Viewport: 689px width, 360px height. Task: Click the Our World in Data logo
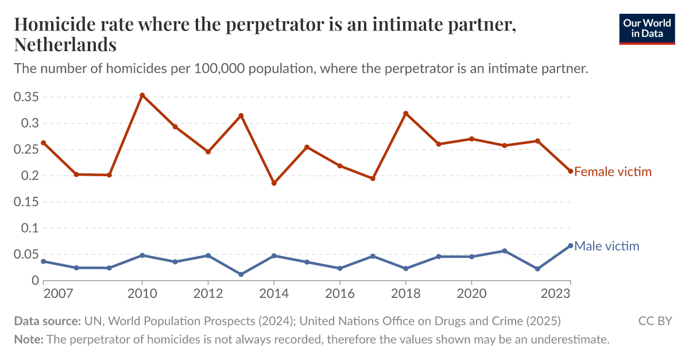[647, 28]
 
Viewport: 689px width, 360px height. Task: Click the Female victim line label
[613, 172]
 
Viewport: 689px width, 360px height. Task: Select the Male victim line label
[606, 246]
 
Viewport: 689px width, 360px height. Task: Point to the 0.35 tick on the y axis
[26, 97]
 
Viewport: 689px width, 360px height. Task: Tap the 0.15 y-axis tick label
[26, 202]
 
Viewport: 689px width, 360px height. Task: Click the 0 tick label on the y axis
[35, 281]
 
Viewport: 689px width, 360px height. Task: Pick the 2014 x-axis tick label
[274, 293]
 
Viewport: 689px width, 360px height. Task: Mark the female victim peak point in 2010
[142, 95]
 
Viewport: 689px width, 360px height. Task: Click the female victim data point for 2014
[274, 183]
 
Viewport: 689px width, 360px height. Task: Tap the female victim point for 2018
[406, 114]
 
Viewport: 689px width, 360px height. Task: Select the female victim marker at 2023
[570, 171]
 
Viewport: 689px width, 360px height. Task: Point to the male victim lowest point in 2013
[241, 274]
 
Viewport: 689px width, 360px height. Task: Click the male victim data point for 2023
[570, 246]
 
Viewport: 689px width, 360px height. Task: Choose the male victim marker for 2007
[44, 261]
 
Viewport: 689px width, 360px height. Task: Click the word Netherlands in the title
[65, 44]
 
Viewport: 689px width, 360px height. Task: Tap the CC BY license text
[655, 321]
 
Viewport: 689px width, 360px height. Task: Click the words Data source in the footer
[47, 321]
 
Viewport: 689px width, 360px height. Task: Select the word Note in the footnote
[28, 339]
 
